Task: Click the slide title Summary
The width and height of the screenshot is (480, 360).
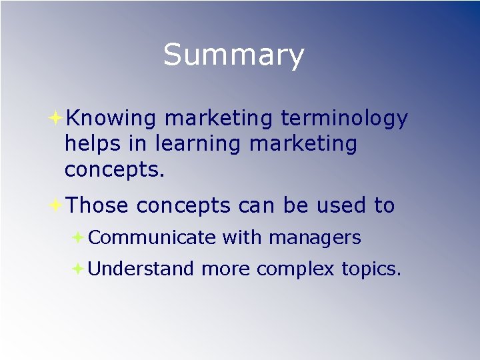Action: pyautogui.click(x=233, y=55)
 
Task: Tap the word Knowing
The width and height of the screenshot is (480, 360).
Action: pyautogui.click(x=111, y=119)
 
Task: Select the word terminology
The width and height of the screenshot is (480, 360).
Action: pyautogui.click(x=344, y=119)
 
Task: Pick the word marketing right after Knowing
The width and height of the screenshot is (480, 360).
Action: pyautogui.click(x=218, y=119)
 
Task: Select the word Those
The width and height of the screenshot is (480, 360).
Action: pyautogui.click(x=97, y=206)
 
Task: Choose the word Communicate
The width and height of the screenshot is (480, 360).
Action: pyautogui.click(x=151, y=237)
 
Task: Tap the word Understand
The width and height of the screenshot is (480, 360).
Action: pyautogui.click(x=141, y=269)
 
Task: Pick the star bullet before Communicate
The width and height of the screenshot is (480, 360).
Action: pyautogui.click(x=78, y=237)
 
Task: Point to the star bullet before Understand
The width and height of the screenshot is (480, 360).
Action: pyautogui.click(x=78, y=269)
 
